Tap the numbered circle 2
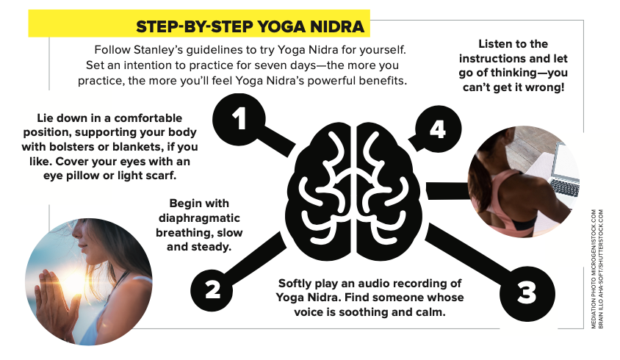(x=212, y=289)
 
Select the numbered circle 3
(x=527, y=293)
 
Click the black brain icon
(x=355, y=191)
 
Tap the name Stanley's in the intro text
(x=158, y=49)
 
